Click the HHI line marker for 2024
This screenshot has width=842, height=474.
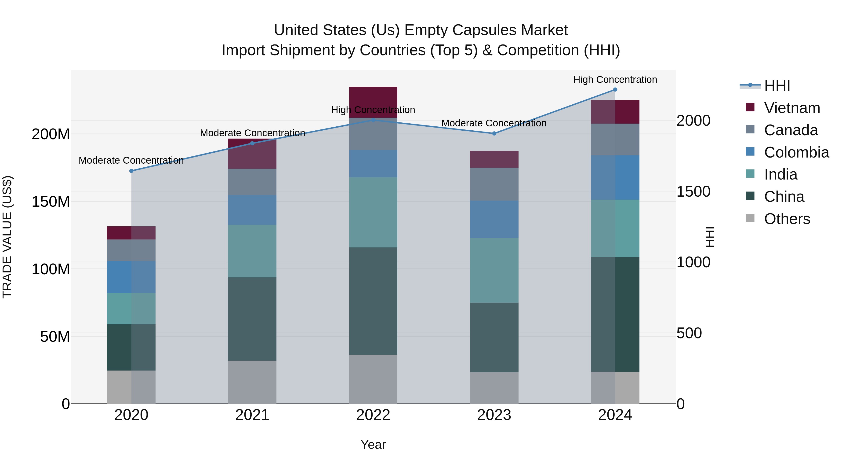point(615,90)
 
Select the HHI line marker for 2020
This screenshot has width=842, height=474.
point(131,171)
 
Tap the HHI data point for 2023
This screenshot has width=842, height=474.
point(494,133)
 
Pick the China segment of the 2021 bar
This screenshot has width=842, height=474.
point(252,319)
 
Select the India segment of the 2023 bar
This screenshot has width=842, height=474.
point(494,270)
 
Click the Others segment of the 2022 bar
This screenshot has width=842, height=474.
point(373,379)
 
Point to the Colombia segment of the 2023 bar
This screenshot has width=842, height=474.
point(494,219)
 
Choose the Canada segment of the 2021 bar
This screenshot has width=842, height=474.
point(252,182)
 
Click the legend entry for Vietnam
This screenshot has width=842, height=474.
point(792,108)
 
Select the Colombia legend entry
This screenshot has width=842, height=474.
point(796,152)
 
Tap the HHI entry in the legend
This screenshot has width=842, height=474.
point(777,86)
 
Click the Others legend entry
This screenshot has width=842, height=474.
point(787,219)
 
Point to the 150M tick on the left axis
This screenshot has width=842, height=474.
point(51,202)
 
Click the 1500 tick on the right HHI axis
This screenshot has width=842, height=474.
point(693,192)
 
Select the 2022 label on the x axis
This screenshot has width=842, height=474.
point(373,415)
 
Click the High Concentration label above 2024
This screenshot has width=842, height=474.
point(615,80)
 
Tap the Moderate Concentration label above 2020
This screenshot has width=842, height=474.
point(131,160)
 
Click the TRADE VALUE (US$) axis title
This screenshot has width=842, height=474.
point(7,237)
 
